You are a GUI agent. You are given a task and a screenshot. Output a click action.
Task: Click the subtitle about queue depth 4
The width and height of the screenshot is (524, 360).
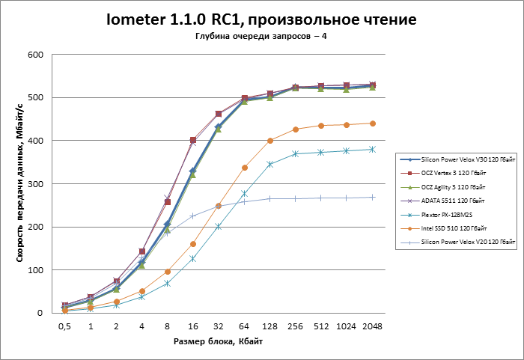(x=261, y=37)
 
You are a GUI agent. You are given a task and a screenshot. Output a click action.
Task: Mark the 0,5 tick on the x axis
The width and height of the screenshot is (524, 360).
(x=64, y=326)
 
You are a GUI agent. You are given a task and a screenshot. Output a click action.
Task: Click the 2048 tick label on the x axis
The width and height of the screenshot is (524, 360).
(x=372, y=326)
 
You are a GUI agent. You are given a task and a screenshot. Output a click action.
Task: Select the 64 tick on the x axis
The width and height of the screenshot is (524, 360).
(x=244, y=326)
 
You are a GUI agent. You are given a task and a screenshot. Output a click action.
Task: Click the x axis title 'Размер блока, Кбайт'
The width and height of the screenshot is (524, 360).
(x=217, y=341)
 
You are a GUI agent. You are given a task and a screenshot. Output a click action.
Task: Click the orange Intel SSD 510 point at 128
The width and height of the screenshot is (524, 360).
(x=269, y=141)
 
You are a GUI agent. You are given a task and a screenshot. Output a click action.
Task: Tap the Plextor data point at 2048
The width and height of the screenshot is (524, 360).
(x=372, y=150)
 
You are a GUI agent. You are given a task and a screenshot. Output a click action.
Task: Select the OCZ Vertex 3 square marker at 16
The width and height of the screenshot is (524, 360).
(x=192, y=140)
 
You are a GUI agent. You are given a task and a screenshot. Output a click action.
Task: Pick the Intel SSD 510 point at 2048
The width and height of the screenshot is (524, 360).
(x=372, y=123)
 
